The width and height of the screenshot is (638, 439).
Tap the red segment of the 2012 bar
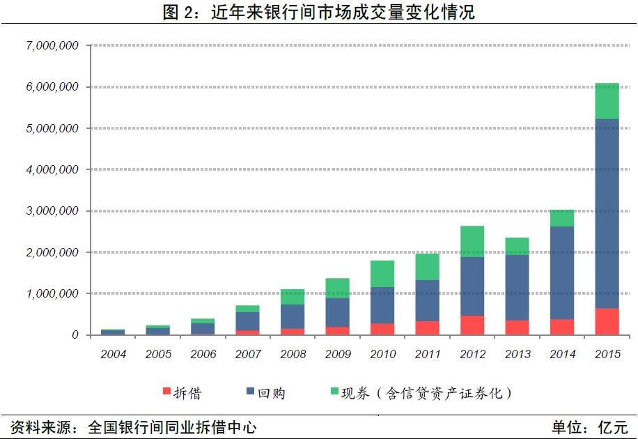tap(472, 325)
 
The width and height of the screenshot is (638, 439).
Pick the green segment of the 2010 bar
tap(382, 274)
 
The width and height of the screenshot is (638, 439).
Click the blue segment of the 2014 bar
tap(562, 272)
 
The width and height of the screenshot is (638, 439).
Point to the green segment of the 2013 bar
tap(517, 246)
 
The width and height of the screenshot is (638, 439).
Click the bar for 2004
tap(114, 332)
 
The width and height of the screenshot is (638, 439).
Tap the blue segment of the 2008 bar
tap(293, 316)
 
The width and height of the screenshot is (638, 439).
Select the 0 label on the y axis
tap(75, 335)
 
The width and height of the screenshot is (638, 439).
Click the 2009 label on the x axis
tap(338, 354)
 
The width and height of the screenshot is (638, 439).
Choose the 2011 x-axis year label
tap(427, 354)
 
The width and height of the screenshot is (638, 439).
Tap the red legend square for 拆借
tap(166, 392)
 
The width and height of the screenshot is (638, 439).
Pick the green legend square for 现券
tap(332, 392)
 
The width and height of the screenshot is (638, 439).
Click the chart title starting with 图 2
tap(318, 12)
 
